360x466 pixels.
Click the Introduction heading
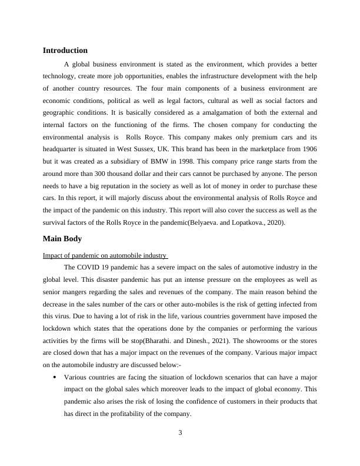pyautogui.click(x=65, y=51)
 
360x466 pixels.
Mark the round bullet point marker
pyautogui.click(x=54, y=377)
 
